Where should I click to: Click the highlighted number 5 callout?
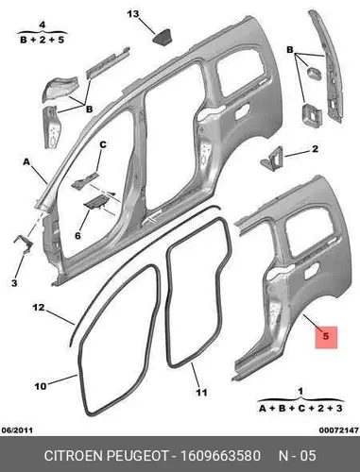tap(326, 337)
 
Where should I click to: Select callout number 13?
tap(133, 14)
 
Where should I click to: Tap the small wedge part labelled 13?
tap(163, 38)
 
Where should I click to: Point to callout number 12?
tap(39, 308)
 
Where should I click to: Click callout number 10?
tap(40, 386)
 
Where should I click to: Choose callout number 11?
tap(202, 393)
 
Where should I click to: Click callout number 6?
tap(77, 235)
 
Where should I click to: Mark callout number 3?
tap(14, 283)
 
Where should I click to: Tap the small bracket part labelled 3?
tap(23, 244)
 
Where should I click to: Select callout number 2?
tap(315, 149)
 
